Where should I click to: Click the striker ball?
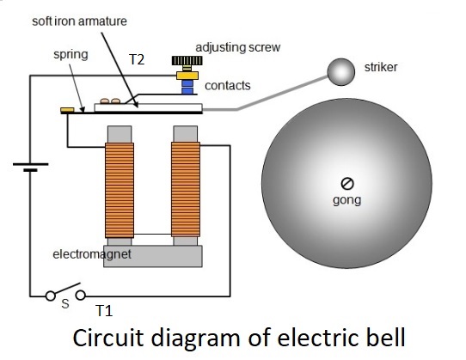tap(340, 72)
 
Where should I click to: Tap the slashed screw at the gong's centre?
tap(347, 184)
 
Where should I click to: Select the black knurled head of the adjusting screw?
tap(187, 61)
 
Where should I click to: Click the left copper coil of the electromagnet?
tap(120, 190)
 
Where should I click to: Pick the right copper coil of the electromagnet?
tap(186, 190)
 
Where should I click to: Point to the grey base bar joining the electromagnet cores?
tap(153, 256)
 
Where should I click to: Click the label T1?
tap(104, 311)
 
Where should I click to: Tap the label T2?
tap(137, 59)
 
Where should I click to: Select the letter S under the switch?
tap(65, 304)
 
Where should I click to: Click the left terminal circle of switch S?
tap(50, 296)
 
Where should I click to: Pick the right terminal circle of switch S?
tap(81, 296)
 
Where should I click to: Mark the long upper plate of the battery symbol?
tap(31, 164)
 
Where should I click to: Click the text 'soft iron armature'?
tap(79, 21)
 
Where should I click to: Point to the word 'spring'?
tap(71, 55)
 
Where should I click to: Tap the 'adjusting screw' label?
tap(238, 47)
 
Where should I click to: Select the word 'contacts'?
tap(228, 86)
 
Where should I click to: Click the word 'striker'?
tap(381, 67)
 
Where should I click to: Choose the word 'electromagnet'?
tap(92, 254)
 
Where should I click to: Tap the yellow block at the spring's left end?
tap(67, 110)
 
